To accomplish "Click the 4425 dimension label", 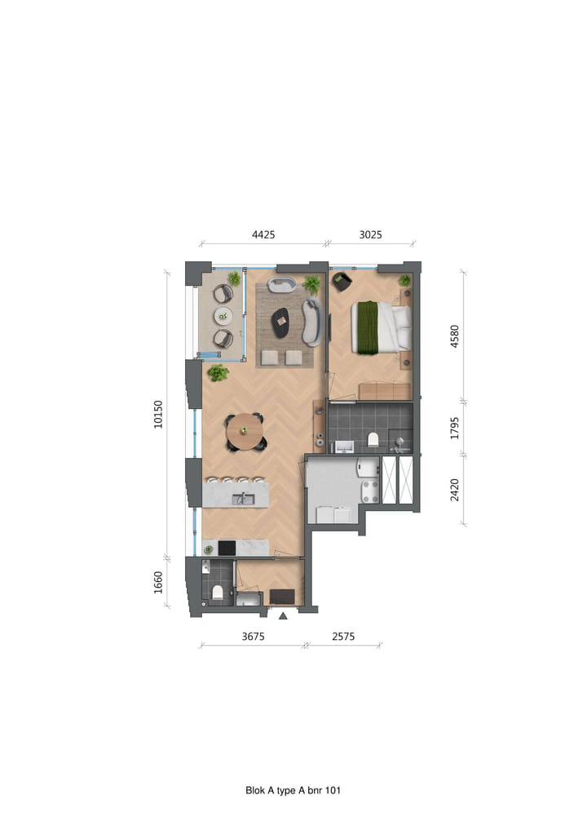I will pos(263,234).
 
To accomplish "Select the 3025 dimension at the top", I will pos(370,234).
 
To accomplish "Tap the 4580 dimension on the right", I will pos(455,337).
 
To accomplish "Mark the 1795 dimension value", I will pos(455,428).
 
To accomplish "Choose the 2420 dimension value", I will pos(455,490).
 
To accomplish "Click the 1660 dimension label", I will pos(158,583).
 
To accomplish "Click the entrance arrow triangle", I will pos(282,615).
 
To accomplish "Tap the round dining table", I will pos(245,432).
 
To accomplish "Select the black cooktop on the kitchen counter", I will pos(225,548).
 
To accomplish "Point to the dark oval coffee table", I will pos(280,322).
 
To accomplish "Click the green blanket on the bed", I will pos(366,327).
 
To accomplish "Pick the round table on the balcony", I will pos(223,316).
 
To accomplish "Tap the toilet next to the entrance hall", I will pos(218,592).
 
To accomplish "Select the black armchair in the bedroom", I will pos(342,282).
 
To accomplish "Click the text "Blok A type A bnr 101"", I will pos(293,790).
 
